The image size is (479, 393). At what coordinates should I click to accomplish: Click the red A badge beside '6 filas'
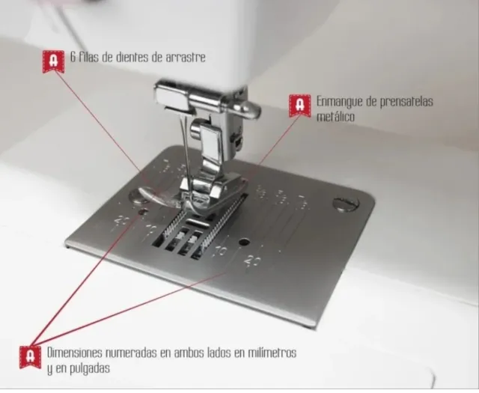(x=52, y=61)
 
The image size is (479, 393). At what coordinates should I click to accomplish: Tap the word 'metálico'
(x=335, y=118)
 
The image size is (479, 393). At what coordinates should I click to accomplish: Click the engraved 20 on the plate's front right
(x=251, y=261)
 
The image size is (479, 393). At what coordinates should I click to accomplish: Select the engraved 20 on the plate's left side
(x=121, y=221)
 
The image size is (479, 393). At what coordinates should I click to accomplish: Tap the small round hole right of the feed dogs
(x=243, y=242)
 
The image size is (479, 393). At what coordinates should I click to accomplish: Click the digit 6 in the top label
(x=72, y=57)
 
